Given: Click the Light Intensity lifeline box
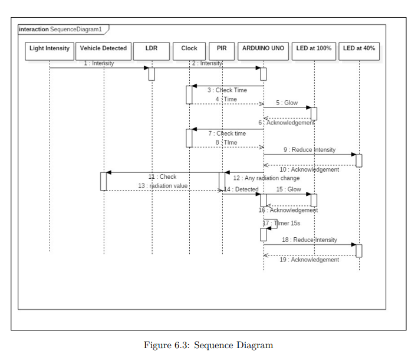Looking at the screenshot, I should point(50,48).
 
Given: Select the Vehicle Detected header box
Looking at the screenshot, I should point(103,48).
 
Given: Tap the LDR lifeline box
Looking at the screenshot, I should point(152,48).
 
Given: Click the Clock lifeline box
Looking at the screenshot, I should point(189,48).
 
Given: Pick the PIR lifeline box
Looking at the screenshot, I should point(222,48).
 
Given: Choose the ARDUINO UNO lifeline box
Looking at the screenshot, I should point(263,48).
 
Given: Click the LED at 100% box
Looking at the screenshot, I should point(314,48).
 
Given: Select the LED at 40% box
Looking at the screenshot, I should point(358,48).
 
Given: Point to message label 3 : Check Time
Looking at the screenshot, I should point(226,90).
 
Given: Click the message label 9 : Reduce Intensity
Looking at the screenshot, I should point(309,150).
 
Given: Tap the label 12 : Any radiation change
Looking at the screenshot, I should point(266,178).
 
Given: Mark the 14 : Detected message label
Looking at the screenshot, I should point(241,189).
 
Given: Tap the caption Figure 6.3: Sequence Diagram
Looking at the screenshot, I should point(208,345).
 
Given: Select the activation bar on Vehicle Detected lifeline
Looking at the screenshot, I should point(103,181).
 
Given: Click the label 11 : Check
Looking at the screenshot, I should point(162,176).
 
